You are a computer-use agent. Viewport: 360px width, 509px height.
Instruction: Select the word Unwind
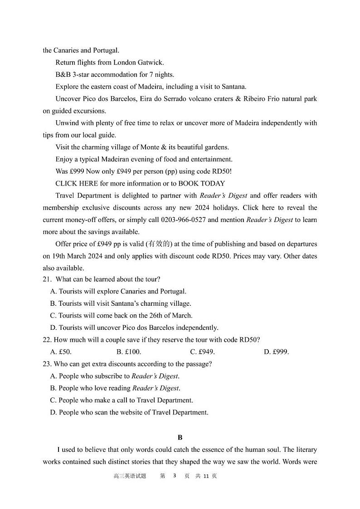point(66,123)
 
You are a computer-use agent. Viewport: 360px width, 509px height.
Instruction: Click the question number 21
point(47,279)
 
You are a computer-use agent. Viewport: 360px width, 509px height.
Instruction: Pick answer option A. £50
point(61,352)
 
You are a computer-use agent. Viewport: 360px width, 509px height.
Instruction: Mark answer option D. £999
point(276,352)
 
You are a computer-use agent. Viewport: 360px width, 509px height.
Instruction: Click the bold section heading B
point(180,437)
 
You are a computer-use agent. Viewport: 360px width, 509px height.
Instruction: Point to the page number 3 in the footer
point(174,476)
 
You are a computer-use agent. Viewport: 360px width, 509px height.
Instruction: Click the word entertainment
point(210,159)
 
